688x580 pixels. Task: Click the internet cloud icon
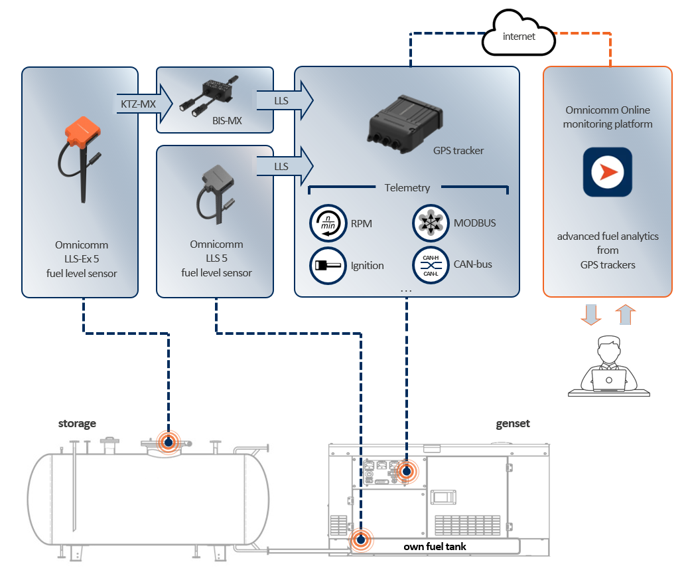pyautogui.click(x=518, y=37)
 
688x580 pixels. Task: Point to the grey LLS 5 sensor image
pyautogui.click(x=216, y=189)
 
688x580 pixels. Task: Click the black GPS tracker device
pyautogui.click(x=405, y=119)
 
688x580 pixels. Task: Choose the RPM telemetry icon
pyautogui.click(x=328, y=224)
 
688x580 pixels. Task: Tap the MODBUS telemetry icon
pyautogui.click(x=430, y=223)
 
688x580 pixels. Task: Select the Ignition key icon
pyautogui.click(x=328, y=265)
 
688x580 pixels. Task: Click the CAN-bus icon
pyautogui.click(x=430, y=264)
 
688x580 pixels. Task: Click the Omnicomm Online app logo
pyautogui.click(x=607, y=173)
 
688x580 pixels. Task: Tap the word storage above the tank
pyautogui.click(x=77, y=423)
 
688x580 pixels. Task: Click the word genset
pyautogui.click(x=513, y=423)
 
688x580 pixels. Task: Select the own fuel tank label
pyautogui.click(x=435, y=547)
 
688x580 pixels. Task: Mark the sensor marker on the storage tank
pyautogui.click(x=169, y=442)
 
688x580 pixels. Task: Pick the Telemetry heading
pyautogui.click(x=407, y=188)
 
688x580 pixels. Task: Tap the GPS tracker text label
pyautogui.click(x=458, y=151)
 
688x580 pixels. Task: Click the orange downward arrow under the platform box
pyautogui.click(x=590, y=315)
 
